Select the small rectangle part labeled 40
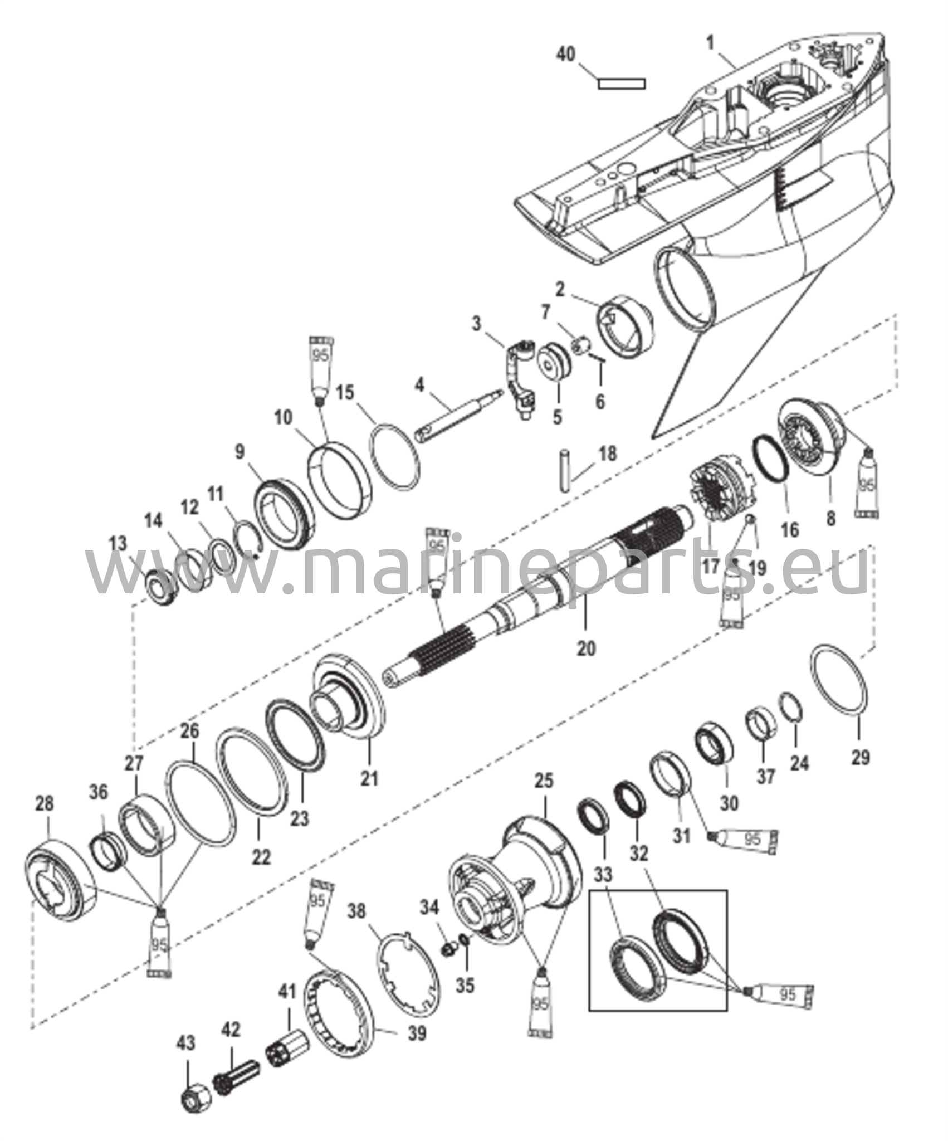tap(622, 84)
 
